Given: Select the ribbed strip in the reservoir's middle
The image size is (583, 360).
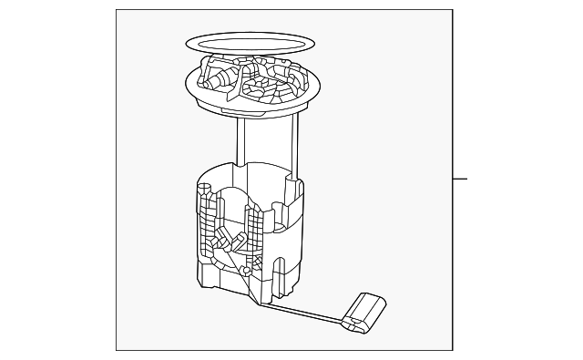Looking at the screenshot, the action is [255, 228].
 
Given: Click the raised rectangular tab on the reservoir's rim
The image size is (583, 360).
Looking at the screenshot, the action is [293, 190].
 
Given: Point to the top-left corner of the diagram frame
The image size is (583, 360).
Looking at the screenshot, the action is [117, 10].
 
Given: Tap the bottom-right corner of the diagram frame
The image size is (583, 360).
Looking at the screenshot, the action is [453, 350].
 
